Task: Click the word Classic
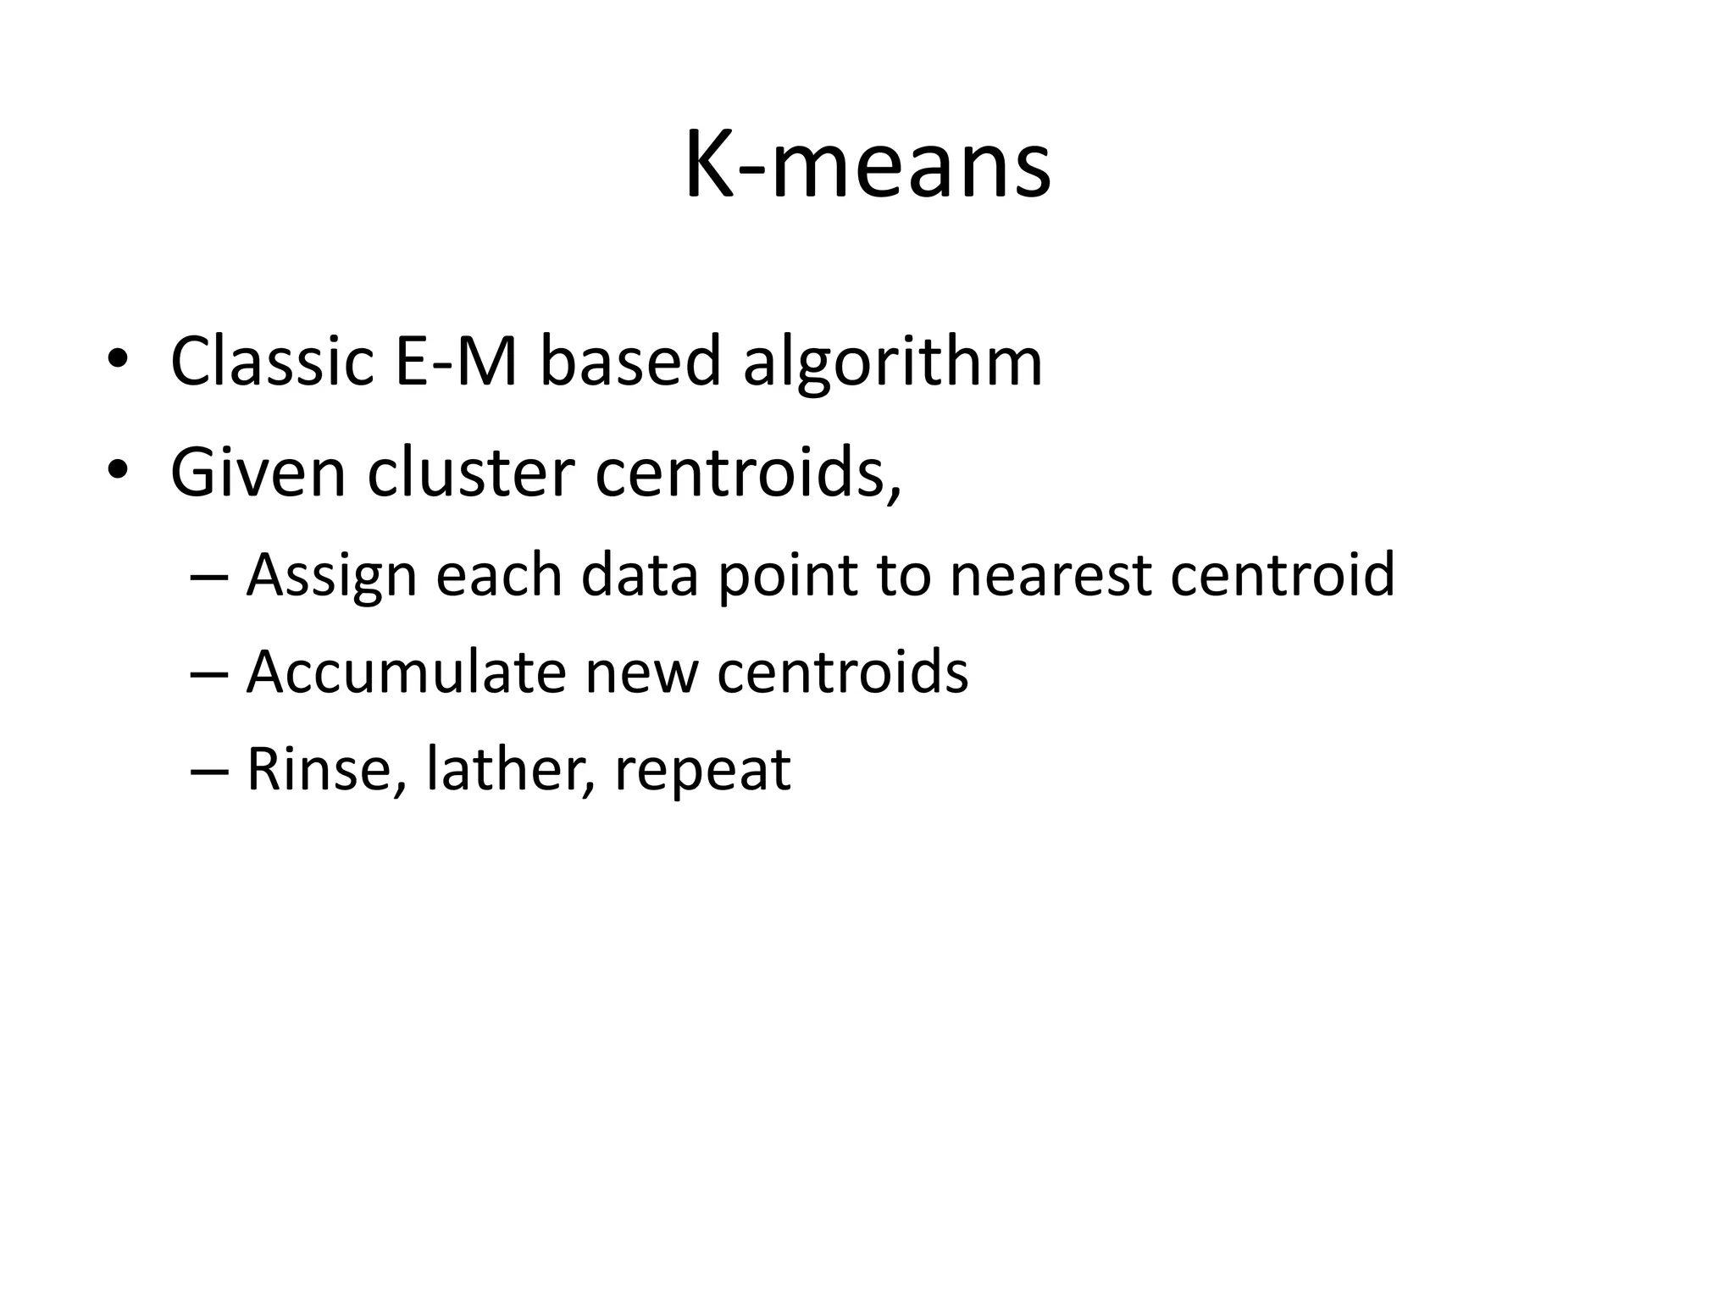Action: click(272, 362)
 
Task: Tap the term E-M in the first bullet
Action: click(455, 362)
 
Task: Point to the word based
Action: click(629, 362)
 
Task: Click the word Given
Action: click(258, 472)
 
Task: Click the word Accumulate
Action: click(405, 673)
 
